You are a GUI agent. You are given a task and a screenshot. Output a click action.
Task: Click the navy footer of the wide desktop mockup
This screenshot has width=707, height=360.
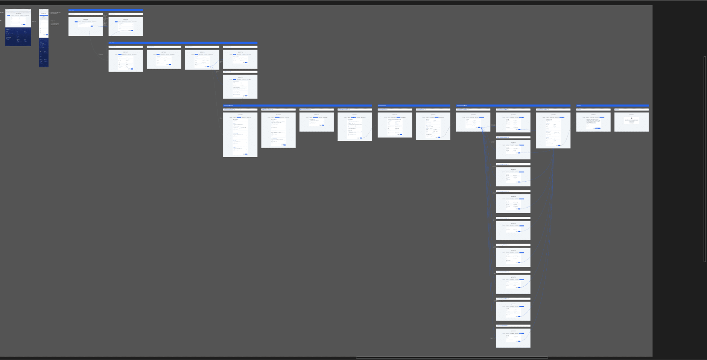[18, 37]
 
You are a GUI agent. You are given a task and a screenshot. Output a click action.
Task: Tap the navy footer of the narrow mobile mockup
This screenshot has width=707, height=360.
[44, 53]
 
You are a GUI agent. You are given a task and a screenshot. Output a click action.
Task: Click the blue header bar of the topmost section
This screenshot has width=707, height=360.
[105, 10]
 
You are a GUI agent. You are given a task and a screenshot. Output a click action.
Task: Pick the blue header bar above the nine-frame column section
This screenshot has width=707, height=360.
[513, 106]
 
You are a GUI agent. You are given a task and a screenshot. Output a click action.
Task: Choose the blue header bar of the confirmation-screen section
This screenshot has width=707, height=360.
[612, 106]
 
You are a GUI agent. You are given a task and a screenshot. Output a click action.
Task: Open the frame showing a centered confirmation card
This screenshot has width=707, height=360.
[631, 122]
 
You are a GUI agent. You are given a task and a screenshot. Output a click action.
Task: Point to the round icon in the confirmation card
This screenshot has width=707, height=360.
[631, 118]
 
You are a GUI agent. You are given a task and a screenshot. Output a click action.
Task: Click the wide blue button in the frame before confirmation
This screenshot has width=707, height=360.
[598, 128]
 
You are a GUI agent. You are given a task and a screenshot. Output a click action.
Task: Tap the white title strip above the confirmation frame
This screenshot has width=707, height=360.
[631, 109]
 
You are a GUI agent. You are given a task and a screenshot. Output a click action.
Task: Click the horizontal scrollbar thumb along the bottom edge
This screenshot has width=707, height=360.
[452, 358]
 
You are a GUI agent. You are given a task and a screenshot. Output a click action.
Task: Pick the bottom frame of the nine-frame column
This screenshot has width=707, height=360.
[513, 338]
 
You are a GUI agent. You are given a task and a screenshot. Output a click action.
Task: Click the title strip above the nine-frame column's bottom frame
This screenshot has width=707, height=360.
[513, 326]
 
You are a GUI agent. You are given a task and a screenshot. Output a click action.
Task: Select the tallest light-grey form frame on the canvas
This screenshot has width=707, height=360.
[240, 135]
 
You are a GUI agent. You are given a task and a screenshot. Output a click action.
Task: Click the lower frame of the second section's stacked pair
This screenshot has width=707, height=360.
[240, 87]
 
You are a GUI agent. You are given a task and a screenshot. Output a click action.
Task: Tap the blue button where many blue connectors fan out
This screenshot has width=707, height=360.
[479, 128]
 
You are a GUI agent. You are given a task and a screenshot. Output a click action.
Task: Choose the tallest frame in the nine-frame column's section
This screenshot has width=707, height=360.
[553, 130]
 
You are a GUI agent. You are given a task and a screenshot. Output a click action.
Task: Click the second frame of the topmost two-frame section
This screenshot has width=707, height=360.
[126, 26]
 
